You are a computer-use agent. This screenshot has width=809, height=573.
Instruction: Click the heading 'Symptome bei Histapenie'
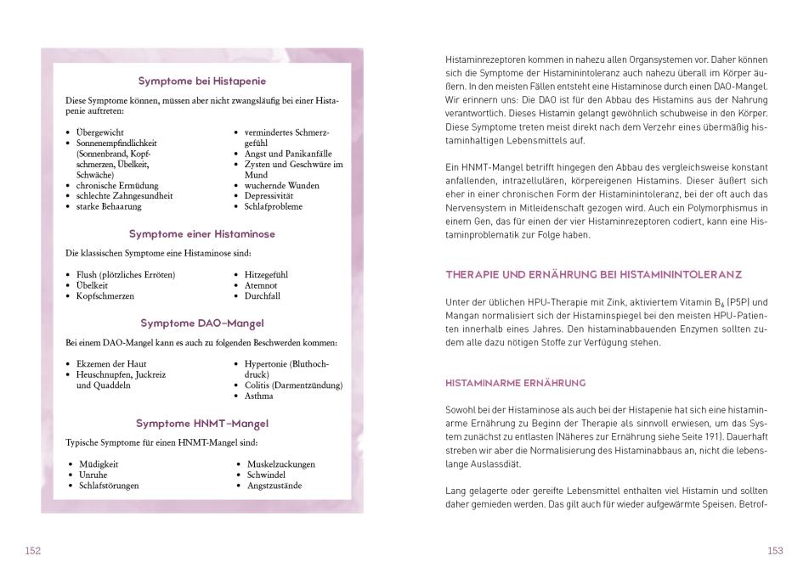click(202, 81)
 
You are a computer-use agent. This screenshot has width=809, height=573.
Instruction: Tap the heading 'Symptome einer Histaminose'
click(202, 233)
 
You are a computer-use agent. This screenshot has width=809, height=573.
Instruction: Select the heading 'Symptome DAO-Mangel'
click(202, 323)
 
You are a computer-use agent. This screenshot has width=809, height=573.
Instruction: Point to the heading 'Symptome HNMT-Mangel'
click(202, 423)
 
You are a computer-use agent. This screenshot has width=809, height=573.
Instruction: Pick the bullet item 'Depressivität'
click(270, 196)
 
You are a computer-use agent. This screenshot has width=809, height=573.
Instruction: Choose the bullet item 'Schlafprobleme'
click(274, 206)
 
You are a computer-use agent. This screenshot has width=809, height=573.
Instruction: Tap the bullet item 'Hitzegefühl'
click(266, 275)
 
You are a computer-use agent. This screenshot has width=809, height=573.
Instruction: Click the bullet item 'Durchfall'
click(262, 296)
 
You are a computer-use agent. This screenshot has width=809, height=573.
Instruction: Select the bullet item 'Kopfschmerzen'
click(105, 296)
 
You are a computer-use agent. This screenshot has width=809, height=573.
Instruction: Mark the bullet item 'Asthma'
click(258, 396)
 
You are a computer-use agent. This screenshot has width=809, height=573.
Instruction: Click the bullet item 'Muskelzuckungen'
click(280, 464)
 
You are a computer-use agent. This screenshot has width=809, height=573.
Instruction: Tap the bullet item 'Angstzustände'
click(274, 486)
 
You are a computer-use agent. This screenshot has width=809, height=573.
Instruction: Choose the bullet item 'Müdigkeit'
click(99, 464)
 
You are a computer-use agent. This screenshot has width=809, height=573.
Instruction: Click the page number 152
click(32, 551)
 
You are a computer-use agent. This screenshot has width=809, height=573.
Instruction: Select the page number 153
click(775, 551)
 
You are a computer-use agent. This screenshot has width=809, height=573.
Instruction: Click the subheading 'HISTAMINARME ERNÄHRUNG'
click(515, 384)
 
